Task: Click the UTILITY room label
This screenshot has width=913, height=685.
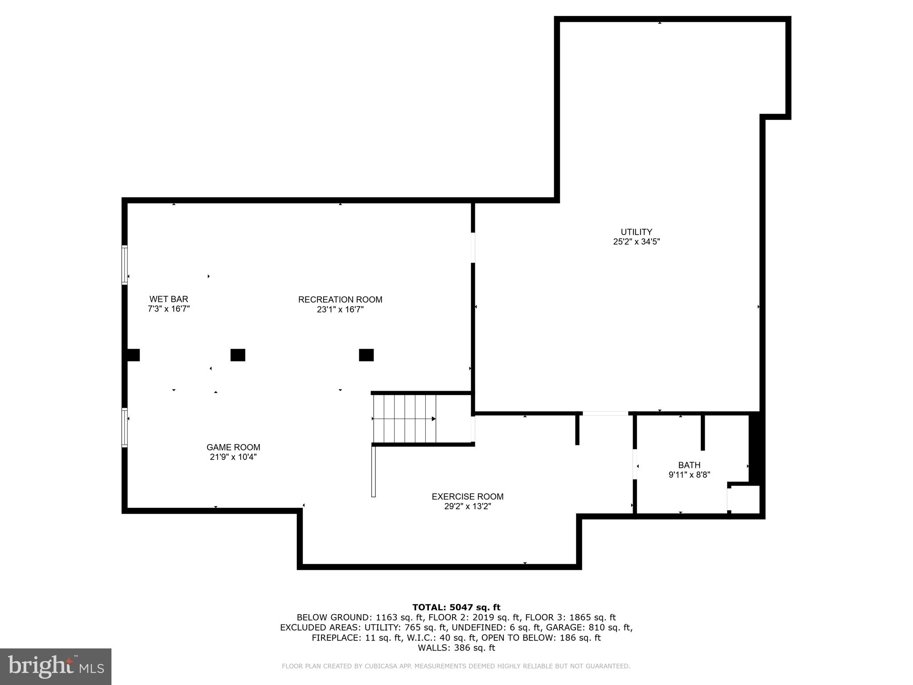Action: click(x=636, y=232)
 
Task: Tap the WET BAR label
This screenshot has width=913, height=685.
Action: click(x=169, y=299)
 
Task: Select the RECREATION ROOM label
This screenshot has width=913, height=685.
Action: click(x=340, y=300)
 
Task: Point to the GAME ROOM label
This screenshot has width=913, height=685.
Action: click(x=233, y=447)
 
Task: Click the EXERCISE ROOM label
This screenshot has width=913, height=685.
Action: click(x=467, y=496)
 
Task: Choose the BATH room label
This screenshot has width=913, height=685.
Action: click(x=689, y=465)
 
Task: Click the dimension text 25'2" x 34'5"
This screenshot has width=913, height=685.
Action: click(x=636, y=242)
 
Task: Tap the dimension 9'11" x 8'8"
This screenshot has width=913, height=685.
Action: click(x=689, y=475)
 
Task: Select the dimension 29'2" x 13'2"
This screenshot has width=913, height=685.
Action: click(x=467, y=507)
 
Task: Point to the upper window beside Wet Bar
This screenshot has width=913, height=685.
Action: click(x=125, y=265)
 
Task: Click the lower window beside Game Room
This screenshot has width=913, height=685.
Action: click(x=125, y=427)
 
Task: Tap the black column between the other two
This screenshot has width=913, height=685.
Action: click(x=238, y=355)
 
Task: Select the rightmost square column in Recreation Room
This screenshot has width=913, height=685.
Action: click(x=366, y=355)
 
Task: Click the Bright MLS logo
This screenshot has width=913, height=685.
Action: click(x=56, y=666)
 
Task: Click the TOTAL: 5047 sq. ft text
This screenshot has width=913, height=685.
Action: click(x=456, y=607)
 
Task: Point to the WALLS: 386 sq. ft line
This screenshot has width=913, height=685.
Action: click(x=456, y=648)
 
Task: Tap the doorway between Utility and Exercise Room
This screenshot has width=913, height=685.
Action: click(x=605, y=413)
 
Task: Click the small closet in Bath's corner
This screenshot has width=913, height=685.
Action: click(x=745, y=499)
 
